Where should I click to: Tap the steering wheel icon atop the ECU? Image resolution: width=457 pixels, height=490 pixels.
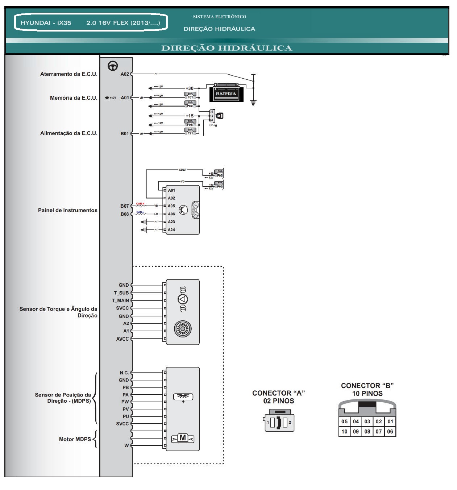tap(113, 66)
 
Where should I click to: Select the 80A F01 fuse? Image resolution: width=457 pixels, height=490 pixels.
tap(190, 96)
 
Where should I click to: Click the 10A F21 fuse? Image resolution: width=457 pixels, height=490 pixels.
tap(190, 132)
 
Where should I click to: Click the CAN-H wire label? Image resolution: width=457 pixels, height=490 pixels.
tap(140, 204)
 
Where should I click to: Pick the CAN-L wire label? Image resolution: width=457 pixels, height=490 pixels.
tap(140, 212)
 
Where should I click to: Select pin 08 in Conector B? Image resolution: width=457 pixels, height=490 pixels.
tap(367, 431)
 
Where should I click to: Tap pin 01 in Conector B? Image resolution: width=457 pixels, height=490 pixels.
tap(390, 422)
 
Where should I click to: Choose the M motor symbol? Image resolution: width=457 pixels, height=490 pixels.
tap(183, 438)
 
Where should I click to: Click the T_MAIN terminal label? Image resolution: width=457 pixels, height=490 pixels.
tap(120, 300)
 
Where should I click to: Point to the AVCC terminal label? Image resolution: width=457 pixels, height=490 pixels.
tap(122, 339)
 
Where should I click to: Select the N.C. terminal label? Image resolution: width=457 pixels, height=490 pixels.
tap(124, 373)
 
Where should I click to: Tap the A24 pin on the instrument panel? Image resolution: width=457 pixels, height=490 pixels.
tap(171, 230)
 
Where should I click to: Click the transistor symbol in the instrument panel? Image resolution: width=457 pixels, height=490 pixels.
tap(183, 210)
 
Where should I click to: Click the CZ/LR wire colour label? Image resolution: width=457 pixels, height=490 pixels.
tap(182, 170)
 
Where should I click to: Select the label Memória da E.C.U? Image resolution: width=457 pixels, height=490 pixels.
tap(74, 98)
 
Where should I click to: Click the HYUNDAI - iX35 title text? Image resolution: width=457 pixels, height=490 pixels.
tap(46, 23)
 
